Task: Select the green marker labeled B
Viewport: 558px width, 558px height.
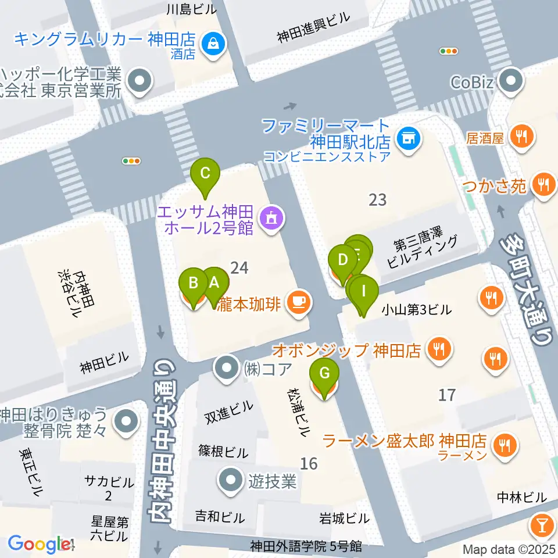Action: click(x=194, y=284)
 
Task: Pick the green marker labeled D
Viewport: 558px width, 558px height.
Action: click(x=342, y=259)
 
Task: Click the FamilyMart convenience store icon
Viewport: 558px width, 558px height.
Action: click(x=409, y=138)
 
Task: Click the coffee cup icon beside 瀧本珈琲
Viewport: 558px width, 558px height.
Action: click(x=298, y=301)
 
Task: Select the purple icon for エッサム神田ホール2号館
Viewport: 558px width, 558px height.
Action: click(x=270, y=219)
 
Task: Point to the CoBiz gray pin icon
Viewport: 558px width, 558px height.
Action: click(x=512, y=81)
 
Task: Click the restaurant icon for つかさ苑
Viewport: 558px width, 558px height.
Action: click(x=544, y=185)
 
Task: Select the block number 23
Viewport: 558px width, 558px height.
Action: click(x=378, y=199)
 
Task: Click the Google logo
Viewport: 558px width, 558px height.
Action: click(x=38, y=544)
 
